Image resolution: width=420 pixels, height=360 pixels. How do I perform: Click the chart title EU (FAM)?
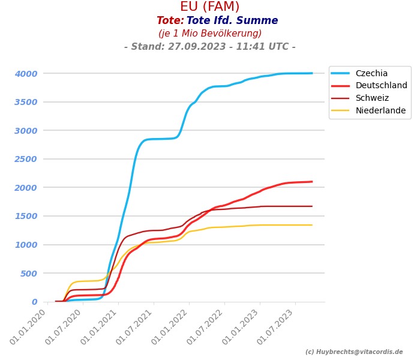[x=210, y=7]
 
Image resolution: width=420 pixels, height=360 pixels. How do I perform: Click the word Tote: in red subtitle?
[x=170, y=21]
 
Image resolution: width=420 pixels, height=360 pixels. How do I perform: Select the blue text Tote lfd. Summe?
[x=232, y=21]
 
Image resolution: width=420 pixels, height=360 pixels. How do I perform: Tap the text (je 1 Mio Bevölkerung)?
[x=210, y=34]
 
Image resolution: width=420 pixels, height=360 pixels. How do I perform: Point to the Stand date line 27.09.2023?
[x=210, y=47]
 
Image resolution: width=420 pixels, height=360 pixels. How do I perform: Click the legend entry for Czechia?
[x=371, y=73]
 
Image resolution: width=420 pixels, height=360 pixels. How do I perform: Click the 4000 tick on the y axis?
[x=26, y=74]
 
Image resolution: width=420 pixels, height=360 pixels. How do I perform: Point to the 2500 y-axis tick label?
[x=26, y=160]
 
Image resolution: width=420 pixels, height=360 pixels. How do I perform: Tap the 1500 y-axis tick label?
[x=26, y=217]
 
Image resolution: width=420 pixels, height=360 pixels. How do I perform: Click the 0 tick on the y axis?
[x=34, y=302]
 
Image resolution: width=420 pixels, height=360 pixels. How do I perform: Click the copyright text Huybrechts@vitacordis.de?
[x=354, y=352]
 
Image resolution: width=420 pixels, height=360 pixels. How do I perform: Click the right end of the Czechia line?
[x=312, y=73]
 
